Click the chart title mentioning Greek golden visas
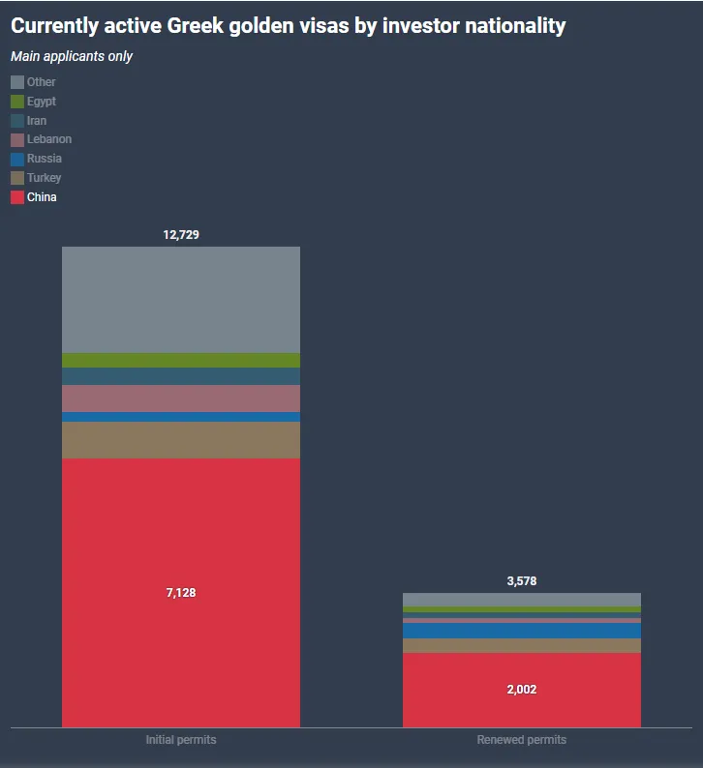288,26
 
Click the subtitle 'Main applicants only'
72,56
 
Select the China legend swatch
17,197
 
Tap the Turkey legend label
44,178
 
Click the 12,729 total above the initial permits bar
181,235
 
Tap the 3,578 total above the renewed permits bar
521,581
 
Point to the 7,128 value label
181,593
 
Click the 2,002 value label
521,690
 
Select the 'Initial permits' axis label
181,740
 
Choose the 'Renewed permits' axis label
521,740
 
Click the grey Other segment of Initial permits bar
181,300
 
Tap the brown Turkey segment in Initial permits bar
181,440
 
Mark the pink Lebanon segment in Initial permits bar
181,399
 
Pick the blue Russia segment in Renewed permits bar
521,631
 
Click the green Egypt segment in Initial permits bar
181,360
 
